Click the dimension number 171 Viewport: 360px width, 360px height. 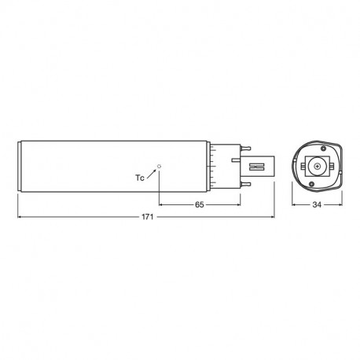coord(147,217)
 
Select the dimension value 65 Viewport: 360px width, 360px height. coord(200,204)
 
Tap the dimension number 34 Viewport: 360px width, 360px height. coord(317,204)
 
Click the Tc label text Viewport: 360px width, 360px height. coord(140,178)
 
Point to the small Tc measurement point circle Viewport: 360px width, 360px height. coord(159,166)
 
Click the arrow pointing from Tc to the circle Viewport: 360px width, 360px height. coord(152,174)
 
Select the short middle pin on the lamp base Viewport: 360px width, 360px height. coord(236,160)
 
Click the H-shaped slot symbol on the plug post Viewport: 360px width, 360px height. coord(257,167)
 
